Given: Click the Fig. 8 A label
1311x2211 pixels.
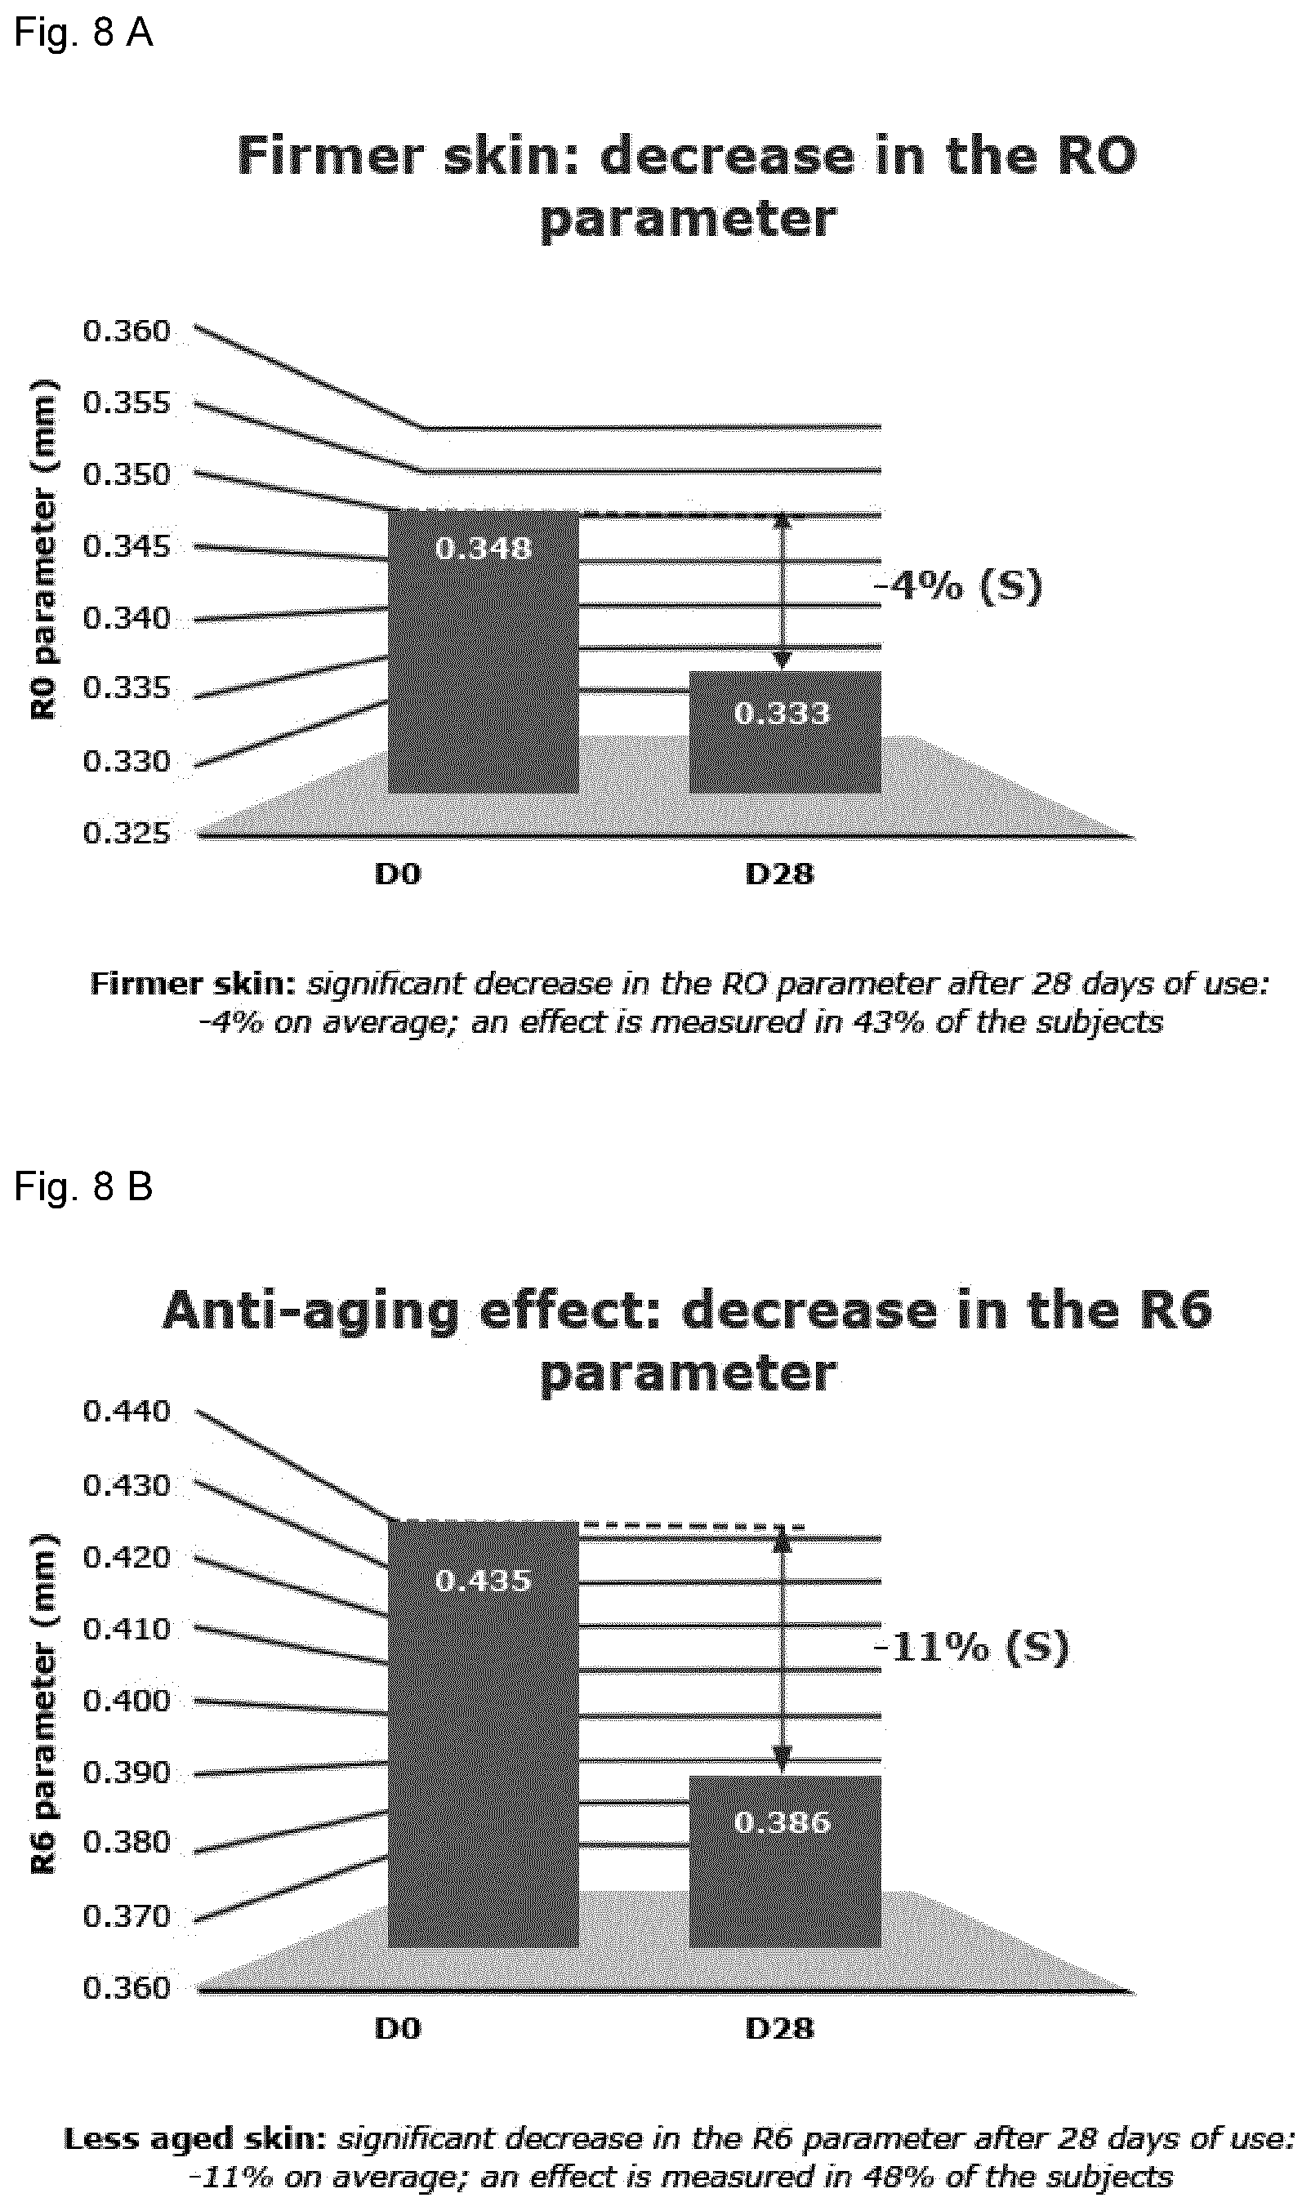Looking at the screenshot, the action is (x=83, y=33).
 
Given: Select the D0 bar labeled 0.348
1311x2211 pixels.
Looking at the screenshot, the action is (x=484, y=651).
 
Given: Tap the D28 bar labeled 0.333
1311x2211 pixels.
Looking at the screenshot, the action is (x=784, y=732).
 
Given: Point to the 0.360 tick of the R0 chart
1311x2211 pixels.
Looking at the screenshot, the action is (x=127, y=331).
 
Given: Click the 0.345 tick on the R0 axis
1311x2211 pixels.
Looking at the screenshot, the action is (x=127, y=546).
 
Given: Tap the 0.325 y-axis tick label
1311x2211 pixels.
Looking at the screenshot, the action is (x=127, y=833).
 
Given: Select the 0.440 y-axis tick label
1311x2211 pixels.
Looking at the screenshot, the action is (x=127, y=1411).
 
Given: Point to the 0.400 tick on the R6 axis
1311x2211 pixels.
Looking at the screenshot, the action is (x=127, y=1700).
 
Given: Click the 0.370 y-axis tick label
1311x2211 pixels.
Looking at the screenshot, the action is (x=127, y=1916).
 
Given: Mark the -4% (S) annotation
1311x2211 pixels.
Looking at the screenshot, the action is (x=958, y=585).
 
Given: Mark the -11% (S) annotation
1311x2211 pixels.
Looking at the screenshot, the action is (x=972, y=1647).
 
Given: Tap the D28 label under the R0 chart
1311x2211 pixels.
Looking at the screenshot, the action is (x=779, y=874).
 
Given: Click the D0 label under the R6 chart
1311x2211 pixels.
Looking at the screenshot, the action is (x=398, y=2028).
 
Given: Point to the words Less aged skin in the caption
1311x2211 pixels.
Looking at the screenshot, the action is (x=195, y=2138).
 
